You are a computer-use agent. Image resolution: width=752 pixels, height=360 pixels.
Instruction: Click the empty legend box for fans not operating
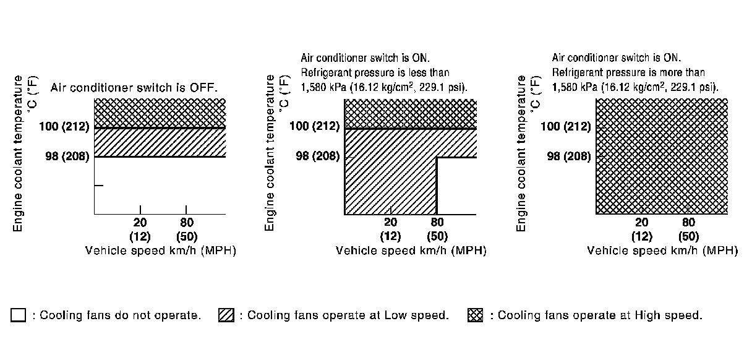pos(18,315)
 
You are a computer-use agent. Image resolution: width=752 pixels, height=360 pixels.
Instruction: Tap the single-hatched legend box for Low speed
pos(226,315)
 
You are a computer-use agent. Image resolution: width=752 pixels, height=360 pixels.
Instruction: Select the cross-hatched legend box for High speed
pos(476,315)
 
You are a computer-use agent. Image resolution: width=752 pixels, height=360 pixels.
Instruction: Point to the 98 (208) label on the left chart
pos(67,156)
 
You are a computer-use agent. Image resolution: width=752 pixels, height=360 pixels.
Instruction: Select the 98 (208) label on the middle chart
pos(318,156)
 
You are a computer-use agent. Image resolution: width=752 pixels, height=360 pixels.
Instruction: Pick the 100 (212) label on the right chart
pos(565,127)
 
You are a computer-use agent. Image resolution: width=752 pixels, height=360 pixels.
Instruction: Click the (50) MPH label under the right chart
pos(688,236)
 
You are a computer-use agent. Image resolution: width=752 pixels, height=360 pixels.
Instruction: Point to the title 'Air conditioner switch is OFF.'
pos(134,88)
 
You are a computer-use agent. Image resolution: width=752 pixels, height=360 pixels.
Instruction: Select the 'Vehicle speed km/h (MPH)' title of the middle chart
pos(411,251)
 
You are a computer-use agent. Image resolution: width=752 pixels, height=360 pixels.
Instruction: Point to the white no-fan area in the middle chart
pos(456,186)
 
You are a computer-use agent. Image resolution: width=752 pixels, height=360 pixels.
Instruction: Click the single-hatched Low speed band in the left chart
pos(160,142)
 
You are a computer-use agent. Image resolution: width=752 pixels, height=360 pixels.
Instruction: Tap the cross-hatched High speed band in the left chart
pos(160,113)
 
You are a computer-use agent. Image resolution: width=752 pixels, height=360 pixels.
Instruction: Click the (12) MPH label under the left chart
pos(140,236)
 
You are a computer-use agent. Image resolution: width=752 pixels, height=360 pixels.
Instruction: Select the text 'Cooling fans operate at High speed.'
pos(600,315)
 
